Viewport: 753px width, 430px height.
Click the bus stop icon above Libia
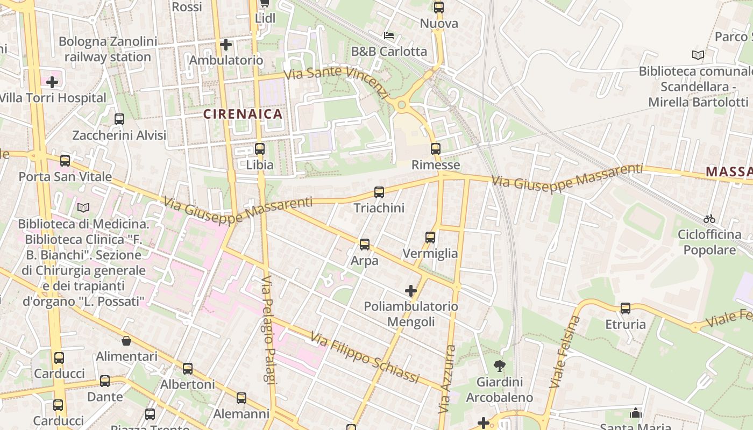click(x=260, y=148)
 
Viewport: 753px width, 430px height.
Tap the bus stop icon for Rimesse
click(x=436, y=148)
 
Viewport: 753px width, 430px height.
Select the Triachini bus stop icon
click(x=379, y=192)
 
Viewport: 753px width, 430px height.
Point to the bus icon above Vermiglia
click(x=430, y=237)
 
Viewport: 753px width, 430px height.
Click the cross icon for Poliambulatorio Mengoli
click(x=411, y=291)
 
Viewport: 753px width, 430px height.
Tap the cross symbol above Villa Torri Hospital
click(x=52, y=82)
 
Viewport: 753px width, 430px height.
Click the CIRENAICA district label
click(x=243, y=114)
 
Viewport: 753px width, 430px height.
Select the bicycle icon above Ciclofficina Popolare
click(x=709, y=219)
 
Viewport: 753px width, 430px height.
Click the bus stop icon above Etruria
click(x=626, y=309)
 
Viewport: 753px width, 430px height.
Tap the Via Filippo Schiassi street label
click(x=365, y=359)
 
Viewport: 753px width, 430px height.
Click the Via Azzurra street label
click(x=446, y=379)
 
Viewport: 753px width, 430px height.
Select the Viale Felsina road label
click(x=565, y=352)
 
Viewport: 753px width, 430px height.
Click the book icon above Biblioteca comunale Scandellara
click(x=698, y=55)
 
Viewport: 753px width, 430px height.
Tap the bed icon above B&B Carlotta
click(x=389, y=35)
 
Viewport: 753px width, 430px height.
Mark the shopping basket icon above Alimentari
click(x=126, y=341)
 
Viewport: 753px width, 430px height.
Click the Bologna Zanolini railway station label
click(x=108, y=49)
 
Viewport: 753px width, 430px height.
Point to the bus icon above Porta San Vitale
click(x=65, y=160)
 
